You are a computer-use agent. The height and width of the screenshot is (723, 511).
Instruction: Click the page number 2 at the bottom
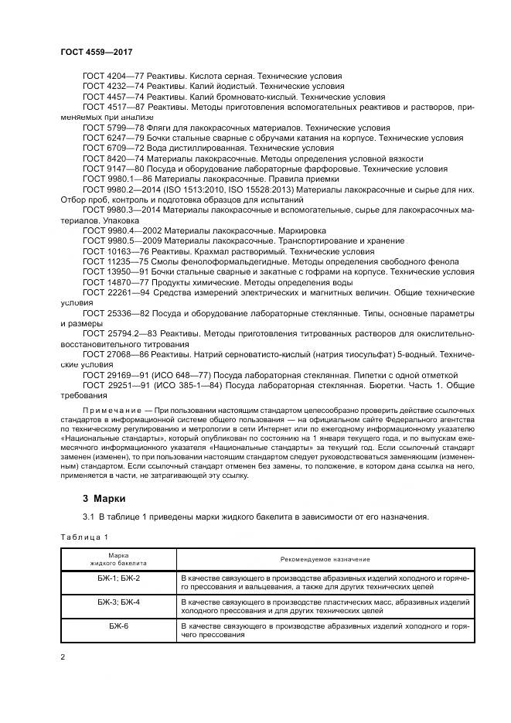[63, 657]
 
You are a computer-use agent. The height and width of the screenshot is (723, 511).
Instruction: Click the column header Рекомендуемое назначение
[325, 558]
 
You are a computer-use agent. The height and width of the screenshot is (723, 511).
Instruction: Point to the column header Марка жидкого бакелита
[118, 558]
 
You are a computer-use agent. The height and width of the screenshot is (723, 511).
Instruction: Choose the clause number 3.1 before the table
[88, 517]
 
